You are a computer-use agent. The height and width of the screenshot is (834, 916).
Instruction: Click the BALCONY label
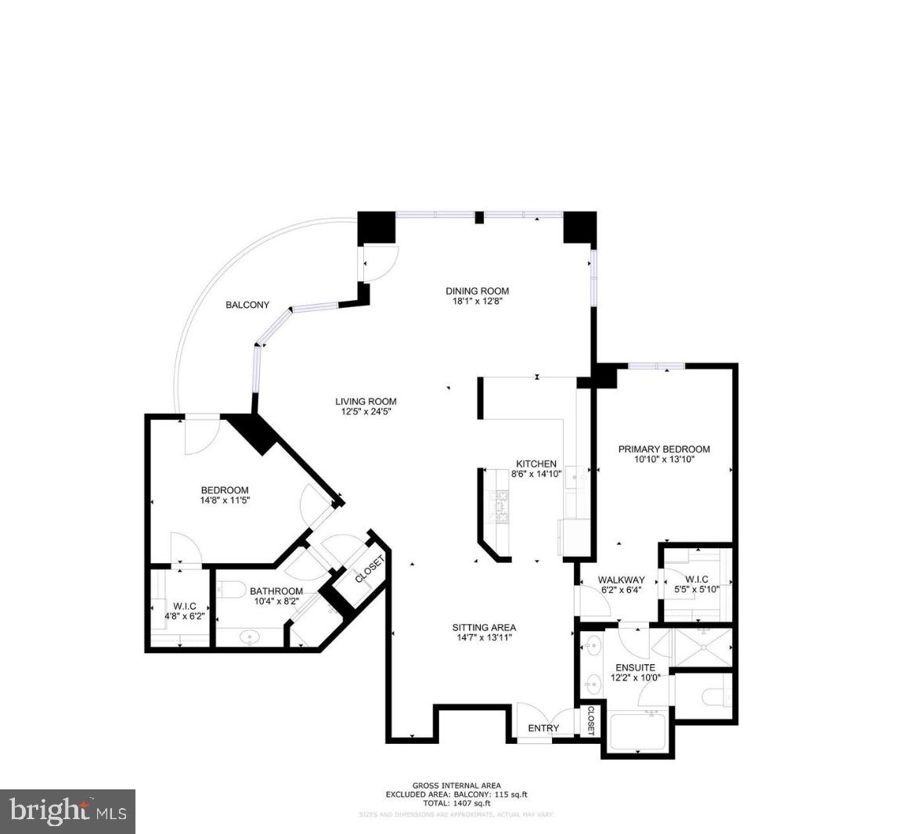click(x=247, y=305)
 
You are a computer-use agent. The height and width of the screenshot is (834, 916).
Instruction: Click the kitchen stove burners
click(x=499, y=507)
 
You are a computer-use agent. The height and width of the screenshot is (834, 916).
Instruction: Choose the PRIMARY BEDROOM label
click(x=664, y=449)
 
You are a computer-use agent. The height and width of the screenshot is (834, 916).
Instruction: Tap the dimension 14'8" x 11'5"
click(x=225, y=500)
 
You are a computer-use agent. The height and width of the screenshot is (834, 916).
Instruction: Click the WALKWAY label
click(x=621, y=580)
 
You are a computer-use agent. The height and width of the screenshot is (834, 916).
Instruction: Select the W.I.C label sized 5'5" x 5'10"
click(x=696, y=580)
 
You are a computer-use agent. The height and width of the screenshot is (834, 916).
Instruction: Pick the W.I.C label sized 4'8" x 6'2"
click(x=185, y=606)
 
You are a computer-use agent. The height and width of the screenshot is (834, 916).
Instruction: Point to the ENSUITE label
click(x=635, y=668)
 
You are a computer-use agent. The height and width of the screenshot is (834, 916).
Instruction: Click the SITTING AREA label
click(x=484, y=627)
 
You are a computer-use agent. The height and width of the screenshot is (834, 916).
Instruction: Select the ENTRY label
click(x=543, y=728)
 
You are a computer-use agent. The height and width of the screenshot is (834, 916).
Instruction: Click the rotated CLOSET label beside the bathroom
click(x=370, y=569)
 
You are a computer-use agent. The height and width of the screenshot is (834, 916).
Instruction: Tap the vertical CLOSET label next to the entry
click(x=591, y=721)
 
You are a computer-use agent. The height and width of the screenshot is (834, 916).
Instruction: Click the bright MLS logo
click(x=68, y=811)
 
